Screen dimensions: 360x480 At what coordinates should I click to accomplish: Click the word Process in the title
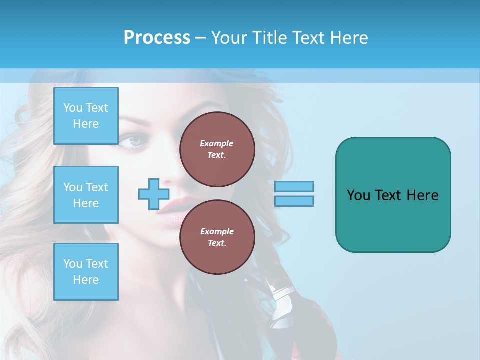click(x=157, y=38)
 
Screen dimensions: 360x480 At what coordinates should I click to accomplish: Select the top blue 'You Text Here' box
click(x=86, y=116)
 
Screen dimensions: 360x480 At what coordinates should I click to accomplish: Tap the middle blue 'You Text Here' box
click(x=86, y=195)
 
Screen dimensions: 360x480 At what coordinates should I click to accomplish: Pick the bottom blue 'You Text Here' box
click(x=86, y=272)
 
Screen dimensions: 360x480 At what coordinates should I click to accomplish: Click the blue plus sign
click(x=154, y=194)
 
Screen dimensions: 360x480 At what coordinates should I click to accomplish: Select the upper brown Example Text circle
click(x=217, y=149)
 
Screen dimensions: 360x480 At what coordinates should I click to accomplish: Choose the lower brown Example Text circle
click(x=217, y=237)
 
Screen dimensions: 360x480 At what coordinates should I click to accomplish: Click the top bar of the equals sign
click(x=294, y=186)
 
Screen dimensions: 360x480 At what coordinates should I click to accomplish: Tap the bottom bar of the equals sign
click(x=294, y=201)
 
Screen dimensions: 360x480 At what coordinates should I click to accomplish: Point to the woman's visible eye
click(x=133, y=142)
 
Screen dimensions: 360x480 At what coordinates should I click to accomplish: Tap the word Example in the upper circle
click(x=217, y=143)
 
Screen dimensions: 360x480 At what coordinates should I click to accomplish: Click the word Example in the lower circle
click(x=217, y=231)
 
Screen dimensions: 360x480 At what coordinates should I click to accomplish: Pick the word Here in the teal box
click(x=423, y=195)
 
